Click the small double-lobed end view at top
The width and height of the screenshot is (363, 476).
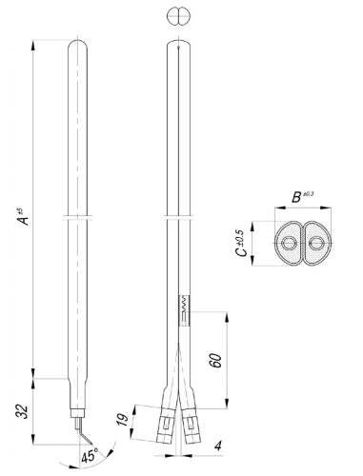click(178, 16)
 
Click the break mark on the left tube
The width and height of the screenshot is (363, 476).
click(78, 218)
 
